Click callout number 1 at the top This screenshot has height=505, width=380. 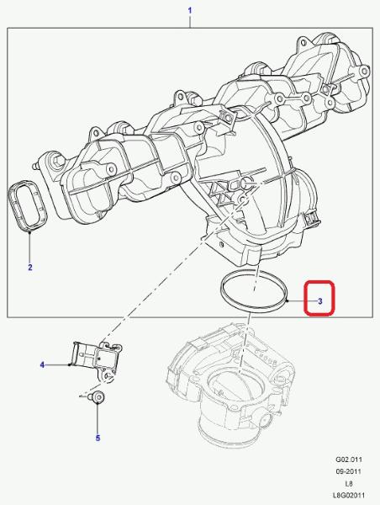click(190, 11)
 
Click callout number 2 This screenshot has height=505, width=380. click(30, 267)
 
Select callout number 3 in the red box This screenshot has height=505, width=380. click(319, 301)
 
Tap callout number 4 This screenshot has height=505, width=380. click(42, 365)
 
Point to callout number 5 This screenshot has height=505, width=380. click(98, 438)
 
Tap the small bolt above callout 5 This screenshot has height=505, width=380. click(98, 397)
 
